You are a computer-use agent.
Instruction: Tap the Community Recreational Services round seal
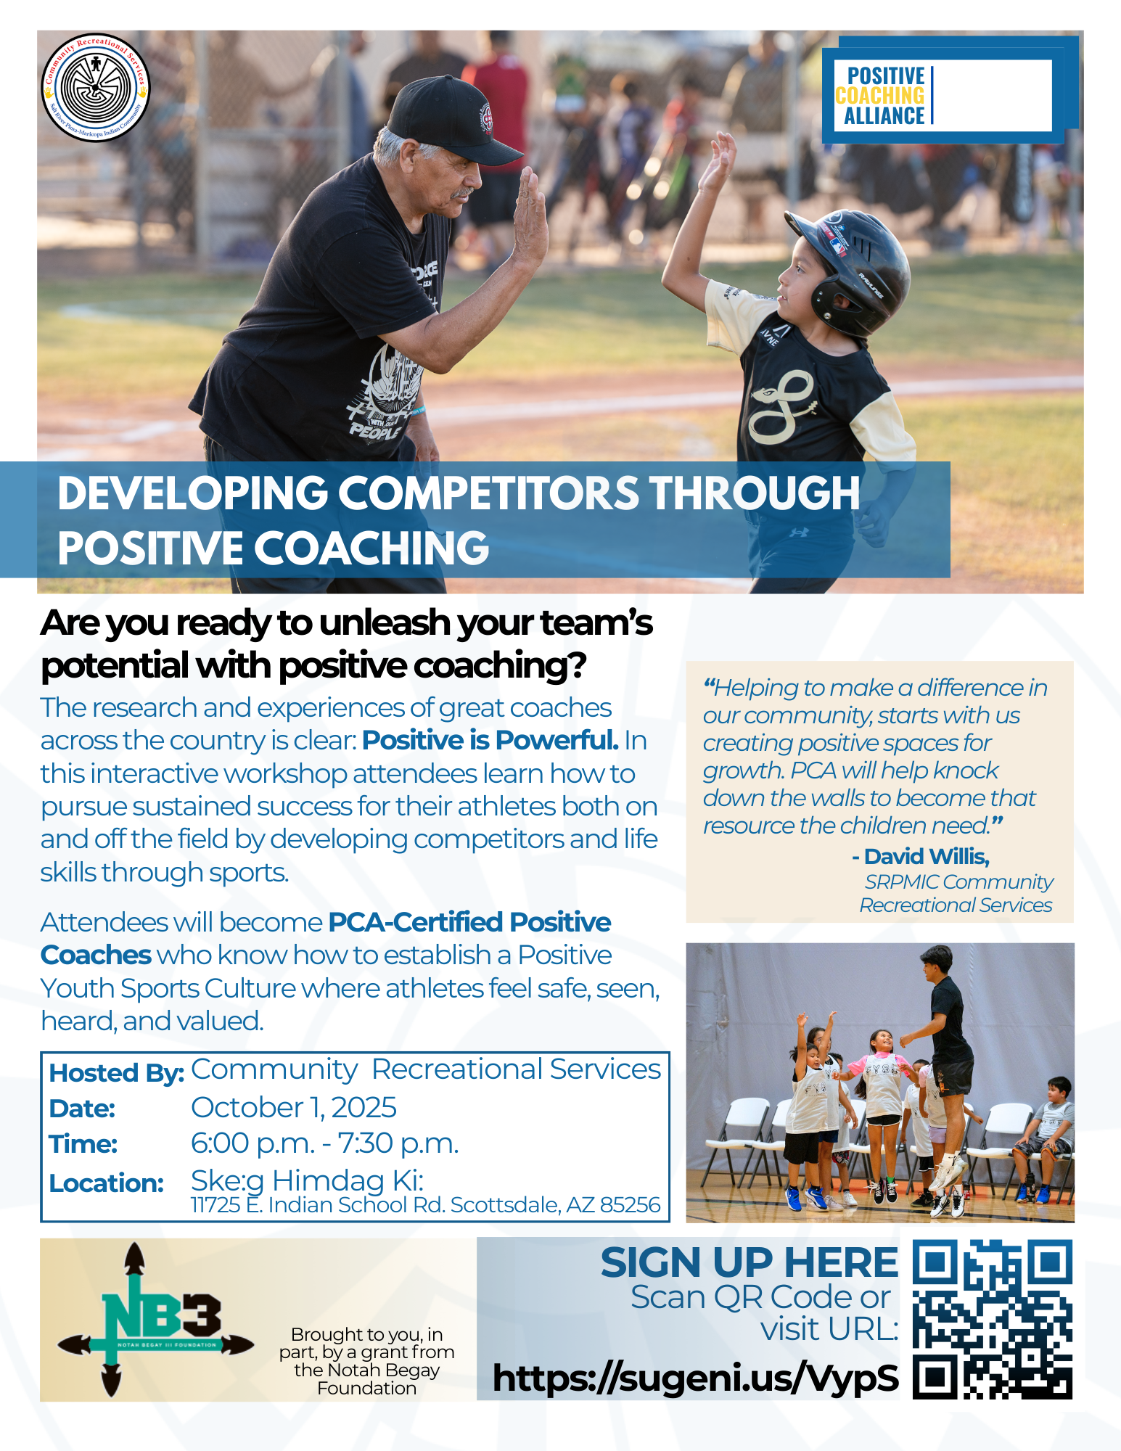pyautogui.click(x=96, y=88)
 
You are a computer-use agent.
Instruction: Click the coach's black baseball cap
pyautogui.click(x=450, y=119)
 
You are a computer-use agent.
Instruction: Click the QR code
pyautogui.click(x=992, y=1319)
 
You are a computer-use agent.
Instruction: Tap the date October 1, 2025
pyautogui.click(x=293, y=1108)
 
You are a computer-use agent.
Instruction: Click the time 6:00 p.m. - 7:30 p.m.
pyautogui.click(x=324, y=1143)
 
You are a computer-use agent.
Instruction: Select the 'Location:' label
pyautogui.click(x=106, y=1183)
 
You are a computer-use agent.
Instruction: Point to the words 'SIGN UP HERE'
pyautogui.click(x=750, y=1262)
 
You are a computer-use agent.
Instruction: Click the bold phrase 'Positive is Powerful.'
pyautogui.click(x=490, y=741)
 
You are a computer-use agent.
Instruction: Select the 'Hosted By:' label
pyautogui.click(x=116, y=1073)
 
